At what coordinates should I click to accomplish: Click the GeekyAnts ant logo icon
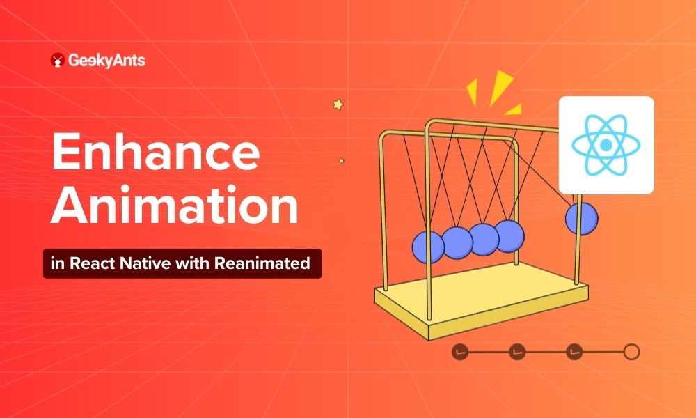click(57, 60)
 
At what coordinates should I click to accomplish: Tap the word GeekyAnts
click(106, 61)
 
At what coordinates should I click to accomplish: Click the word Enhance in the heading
click(156, 152)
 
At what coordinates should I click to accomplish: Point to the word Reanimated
click(262, 263)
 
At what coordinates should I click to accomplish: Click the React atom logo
click(606, 145)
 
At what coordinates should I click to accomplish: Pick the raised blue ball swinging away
click(581, 219)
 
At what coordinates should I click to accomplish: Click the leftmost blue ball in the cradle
click(428, 247)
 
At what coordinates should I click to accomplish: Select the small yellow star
click(338, 104)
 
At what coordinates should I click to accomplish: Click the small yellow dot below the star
click(341, 161)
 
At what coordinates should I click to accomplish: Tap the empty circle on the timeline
click(631, 352)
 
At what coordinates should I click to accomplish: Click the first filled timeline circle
click(460, 352)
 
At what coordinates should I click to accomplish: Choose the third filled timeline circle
click(574, 352)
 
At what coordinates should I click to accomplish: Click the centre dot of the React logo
click(606, 145)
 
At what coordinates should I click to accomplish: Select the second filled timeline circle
click(517, 352)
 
